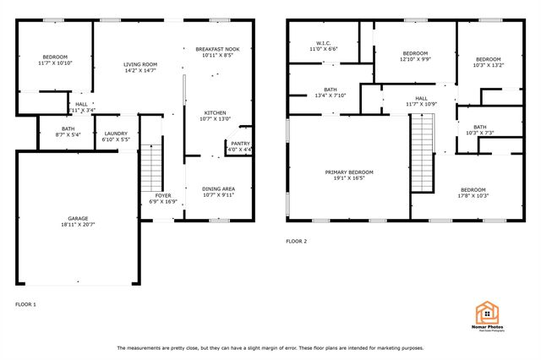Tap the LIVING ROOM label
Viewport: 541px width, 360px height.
point(140,64)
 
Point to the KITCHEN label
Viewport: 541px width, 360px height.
point(215,112)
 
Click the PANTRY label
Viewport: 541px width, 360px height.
point(240,144)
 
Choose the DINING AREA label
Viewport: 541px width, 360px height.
point(218,188)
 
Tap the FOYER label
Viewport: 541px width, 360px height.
point(162,195)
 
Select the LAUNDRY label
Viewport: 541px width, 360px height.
point(116,133)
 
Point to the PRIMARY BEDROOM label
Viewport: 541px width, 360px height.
point(349,172)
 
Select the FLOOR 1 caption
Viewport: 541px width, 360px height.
point(26,303)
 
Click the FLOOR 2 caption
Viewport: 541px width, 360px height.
point(296,242)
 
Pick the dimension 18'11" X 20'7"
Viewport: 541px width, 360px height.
point(77,224)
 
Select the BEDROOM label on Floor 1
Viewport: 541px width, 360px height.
point(55,57)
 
